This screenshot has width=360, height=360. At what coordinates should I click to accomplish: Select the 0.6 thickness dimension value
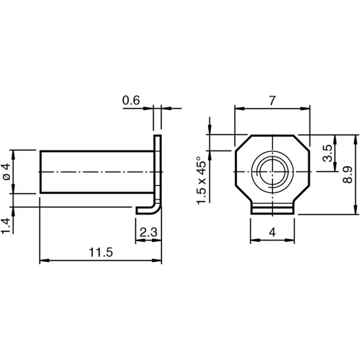pyautogui.click(x=131, y=102)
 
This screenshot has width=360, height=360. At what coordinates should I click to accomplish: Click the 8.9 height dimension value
pyautogui.click(x=348, y=174)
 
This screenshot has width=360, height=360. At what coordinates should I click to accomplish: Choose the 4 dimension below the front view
pyautogui.click(x=272, y=232)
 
